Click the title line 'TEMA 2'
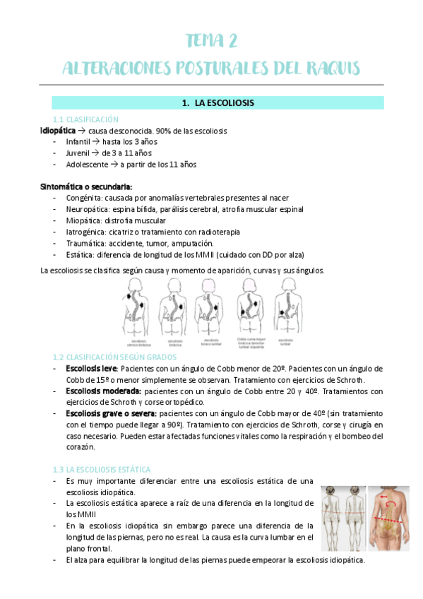coord(211,41)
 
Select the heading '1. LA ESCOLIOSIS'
coord(218,103)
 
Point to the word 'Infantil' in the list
coord(78,142)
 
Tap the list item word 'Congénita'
coord(83,198)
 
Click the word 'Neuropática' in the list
coord(87,209)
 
